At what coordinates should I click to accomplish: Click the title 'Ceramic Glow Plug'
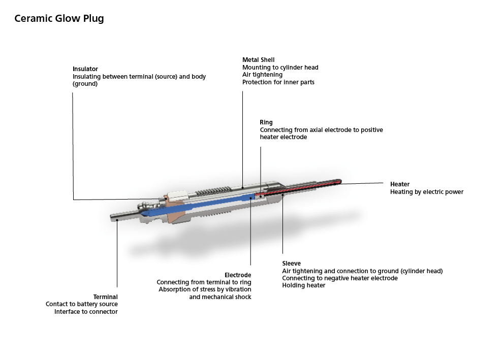59,19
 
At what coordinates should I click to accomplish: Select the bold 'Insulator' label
85,69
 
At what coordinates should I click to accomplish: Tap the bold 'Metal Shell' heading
259,60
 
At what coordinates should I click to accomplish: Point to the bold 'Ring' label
266,122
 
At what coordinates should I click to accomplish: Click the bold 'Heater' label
400,184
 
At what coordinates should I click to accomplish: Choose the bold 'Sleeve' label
292,264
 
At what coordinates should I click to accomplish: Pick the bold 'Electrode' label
238,275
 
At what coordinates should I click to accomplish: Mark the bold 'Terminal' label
105,297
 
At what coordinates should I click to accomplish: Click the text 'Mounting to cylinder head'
280,68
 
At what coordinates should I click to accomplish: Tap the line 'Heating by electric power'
427,192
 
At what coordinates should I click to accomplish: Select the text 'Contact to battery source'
82,304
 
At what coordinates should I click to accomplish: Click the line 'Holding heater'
304,285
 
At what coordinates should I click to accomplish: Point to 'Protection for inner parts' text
278,82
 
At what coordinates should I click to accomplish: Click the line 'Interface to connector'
86,312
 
